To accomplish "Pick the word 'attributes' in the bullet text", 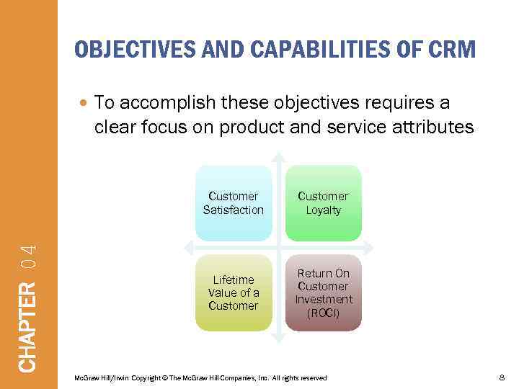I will tap(436, 128).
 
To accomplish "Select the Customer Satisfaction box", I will tap(234, 203).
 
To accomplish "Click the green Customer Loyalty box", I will tap(323, 203).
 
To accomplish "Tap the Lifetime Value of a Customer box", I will tap(234, 292).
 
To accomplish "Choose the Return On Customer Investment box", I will tap(323, 292).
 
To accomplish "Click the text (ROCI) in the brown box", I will tap(323, 313).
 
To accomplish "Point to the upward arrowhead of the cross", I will tap(278, 156).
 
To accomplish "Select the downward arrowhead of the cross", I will tap(278, 339).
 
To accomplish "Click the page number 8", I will tap(502, 377).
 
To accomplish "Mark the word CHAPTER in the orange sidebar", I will tap(27, 327).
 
